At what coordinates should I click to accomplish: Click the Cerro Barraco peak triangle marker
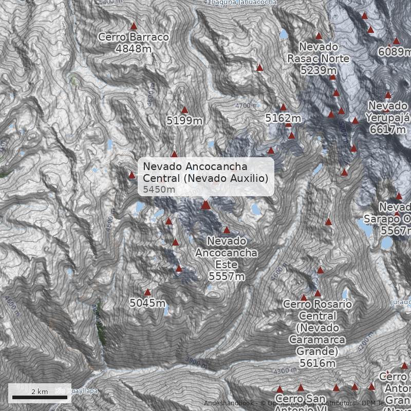(134, 26)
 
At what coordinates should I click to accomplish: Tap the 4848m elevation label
(134, 49)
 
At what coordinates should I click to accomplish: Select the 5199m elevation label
(184, 121)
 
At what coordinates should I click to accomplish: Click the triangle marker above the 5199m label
(184, 110)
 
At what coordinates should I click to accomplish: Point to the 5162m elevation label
(283, 119)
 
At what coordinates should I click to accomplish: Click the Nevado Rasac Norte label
(318, 52)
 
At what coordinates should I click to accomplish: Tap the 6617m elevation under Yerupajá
(387, 129)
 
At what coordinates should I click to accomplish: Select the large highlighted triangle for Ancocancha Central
(206, 205)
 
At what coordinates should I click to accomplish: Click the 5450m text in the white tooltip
(159, 190)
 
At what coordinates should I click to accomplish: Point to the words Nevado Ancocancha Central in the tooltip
(195, 166)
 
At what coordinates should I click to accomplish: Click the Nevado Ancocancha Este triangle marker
(227, 230)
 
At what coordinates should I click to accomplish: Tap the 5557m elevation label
(227, 276)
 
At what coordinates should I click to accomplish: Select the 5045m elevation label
(147, 303)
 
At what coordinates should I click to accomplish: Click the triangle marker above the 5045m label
(148, 292)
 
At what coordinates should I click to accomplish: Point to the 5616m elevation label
(317, 363)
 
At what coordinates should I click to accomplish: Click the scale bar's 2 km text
(40, 391)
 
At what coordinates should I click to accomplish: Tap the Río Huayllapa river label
(76, 391)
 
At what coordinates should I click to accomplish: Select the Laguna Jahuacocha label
(244, 3)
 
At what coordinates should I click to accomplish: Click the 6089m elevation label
(395, 52)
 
